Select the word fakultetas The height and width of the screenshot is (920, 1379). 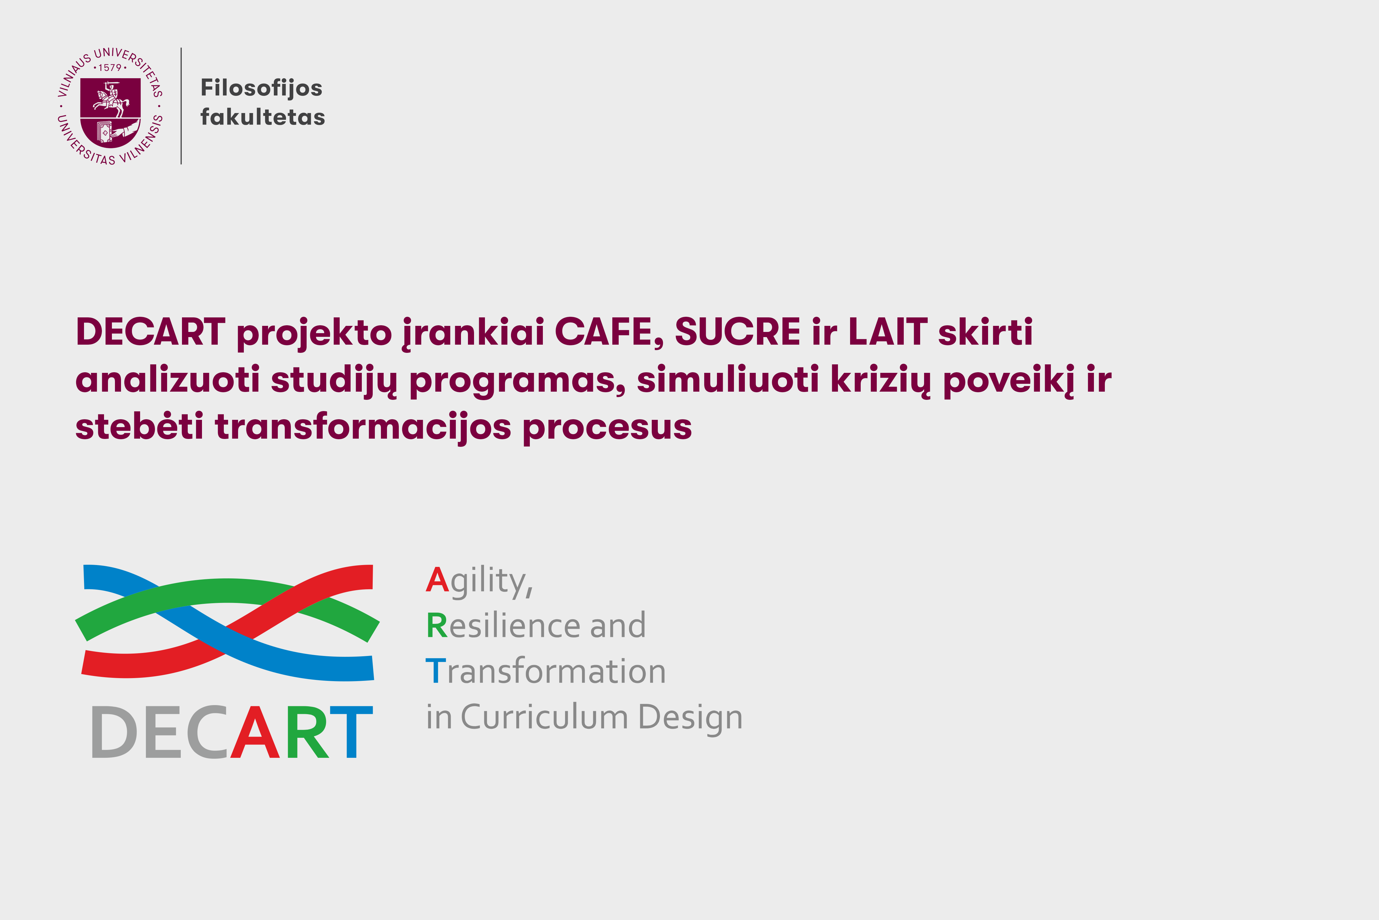(262, 117)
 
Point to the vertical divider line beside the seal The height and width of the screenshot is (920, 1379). (181, 105)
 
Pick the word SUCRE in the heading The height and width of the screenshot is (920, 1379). (737, 332)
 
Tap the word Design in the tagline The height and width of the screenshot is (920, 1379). (690, 718)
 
